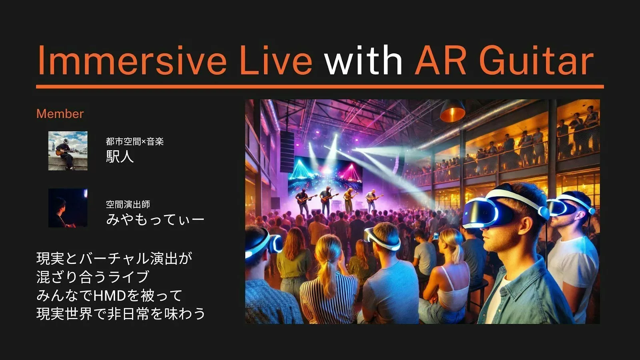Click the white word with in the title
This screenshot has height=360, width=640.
click(x=364, y=60)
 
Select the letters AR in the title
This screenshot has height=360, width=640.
click(x=440, y=60)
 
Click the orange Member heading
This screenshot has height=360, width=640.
click(x=60, y=114)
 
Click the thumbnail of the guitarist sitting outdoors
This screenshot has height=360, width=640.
click(x=68, y=151)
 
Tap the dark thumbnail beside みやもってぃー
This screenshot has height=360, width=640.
click(x=68, y=208)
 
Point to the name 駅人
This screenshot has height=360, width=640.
click(x=120, y=156)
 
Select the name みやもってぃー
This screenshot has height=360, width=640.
click(x=155, y=219)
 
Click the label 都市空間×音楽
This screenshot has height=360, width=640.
click(x=135, y=142)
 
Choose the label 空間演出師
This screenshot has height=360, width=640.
click(x=128, y=204)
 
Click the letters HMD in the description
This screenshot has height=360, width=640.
click(x=110, y=296)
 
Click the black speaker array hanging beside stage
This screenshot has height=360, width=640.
click(x=287, y=152)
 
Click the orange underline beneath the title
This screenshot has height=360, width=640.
click(x=320, y=86)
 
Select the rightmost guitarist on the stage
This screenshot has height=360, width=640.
click(x=372, y=200)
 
